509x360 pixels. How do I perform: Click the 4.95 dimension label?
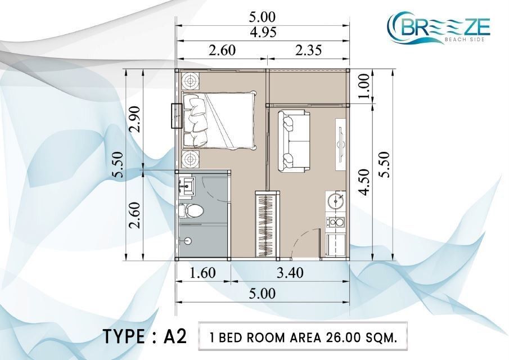[263, 33]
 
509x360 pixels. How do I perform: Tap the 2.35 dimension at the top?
[308, 50]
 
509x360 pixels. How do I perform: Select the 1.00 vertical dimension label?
[364, 86]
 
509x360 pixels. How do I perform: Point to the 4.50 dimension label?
[364, 182]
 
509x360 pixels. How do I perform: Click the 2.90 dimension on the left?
[134, 119]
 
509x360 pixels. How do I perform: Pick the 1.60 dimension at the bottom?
[202, 273]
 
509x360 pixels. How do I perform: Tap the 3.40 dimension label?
[290, 273]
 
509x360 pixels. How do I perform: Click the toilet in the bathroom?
[191, 211]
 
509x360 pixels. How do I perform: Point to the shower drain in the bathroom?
[188, 241]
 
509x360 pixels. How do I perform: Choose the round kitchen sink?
[336, 201]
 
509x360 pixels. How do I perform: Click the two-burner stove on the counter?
[336, 222]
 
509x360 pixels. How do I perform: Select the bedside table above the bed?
[191, 80]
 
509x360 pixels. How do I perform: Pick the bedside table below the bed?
[191, 159]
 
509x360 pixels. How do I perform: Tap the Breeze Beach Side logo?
[439, 28]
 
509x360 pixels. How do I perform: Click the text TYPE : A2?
[145, 336]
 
